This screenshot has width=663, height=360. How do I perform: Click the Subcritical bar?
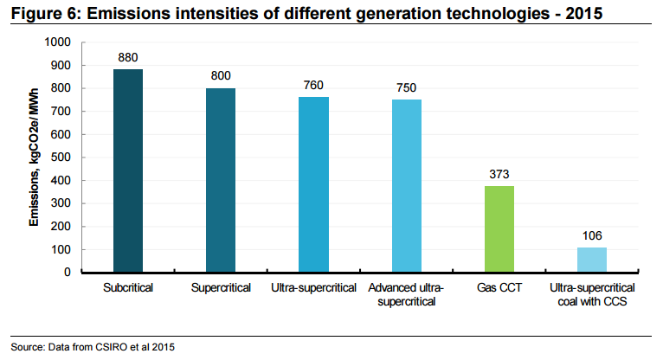(128, 170)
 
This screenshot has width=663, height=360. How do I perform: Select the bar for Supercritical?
(221, 180)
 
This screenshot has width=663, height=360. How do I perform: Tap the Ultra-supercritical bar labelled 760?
(313, 184)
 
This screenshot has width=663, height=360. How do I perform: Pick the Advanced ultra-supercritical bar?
(406, 185)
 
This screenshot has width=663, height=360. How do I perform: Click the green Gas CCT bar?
(499, 228)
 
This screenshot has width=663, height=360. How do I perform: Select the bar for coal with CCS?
(592, 260)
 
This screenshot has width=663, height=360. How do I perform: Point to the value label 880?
(128, 58)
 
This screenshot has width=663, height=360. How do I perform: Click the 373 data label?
(499, 174)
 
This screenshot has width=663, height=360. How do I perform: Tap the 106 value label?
(592, 235)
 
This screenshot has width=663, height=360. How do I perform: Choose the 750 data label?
(406, 87)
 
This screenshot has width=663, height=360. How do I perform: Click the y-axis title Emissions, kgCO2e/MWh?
(35, 158)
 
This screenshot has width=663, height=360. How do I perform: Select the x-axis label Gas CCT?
(499, 287)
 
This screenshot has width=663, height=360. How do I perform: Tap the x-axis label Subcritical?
(128, 287)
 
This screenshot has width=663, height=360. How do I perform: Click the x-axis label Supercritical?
(221, 287)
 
